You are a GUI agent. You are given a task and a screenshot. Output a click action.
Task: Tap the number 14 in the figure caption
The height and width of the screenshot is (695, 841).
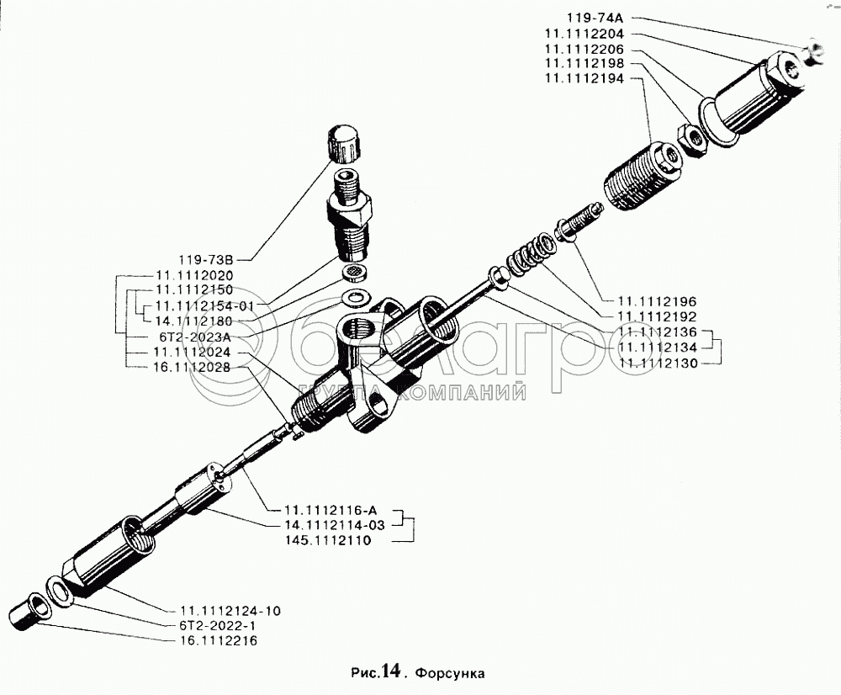point(389,671)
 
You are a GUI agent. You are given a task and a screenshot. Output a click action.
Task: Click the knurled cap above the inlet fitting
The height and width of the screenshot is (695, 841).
point(345,145)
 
